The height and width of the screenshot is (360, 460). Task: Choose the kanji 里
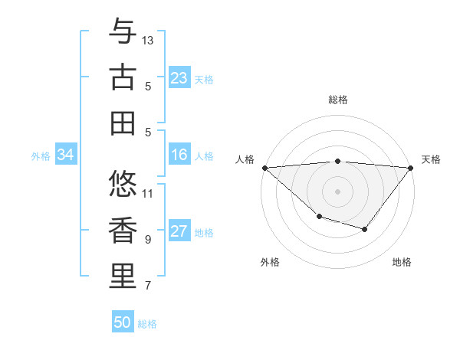(123, 277)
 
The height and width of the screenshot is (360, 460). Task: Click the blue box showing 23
(179, 78)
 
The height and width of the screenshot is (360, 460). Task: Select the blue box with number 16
(179, 155)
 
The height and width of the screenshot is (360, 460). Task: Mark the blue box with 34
(65, 155)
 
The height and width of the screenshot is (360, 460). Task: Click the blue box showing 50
(123, 322)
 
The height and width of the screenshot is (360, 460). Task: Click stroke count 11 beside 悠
(148, 193)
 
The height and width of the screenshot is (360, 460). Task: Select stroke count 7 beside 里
(148, 286)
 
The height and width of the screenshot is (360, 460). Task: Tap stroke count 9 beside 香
(148, 240)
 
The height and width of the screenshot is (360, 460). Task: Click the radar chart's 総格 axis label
(337, 100)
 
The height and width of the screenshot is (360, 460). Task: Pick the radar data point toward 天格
(411, 168)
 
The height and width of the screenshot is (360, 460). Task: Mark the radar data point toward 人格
(264, 168)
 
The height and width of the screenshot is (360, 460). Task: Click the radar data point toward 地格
(365, 229)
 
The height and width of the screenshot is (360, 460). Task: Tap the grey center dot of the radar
(337, 191)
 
